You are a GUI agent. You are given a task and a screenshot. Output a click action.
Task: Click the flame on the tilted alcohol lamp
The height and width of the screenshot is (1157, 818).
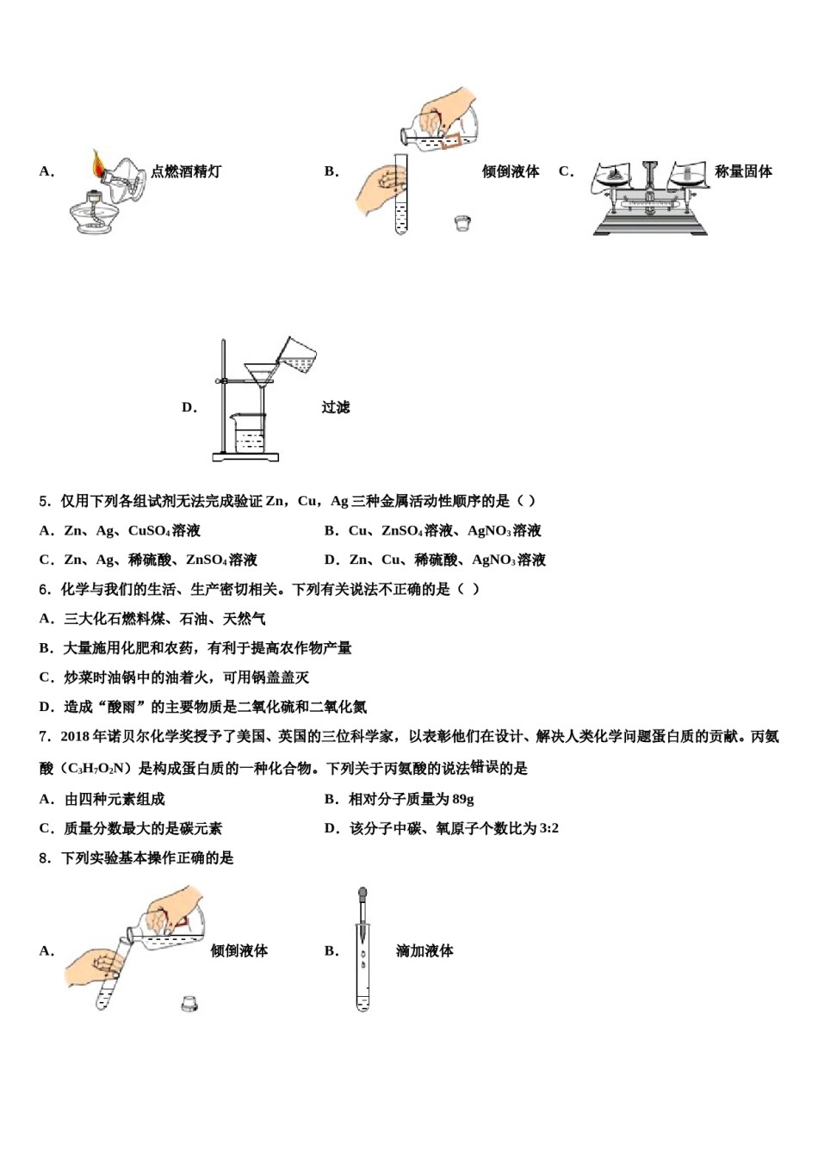tap(98, 163)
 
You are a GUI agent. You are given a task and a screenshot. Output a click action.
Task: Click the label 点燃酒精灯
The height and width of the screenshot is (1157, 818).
tap(186, 171)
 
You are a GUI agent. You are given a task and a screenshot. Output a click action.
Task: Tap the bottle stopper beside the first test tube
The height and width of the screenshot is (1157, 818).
tap(462, 224)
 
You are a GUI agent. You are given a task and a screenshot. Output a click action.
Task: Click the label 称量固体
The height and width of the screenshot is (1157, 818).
tap(743, 171)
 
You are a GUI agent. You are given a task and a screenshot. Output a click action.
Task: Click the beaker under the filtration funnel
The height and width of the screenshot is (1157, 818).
tap(249, 432)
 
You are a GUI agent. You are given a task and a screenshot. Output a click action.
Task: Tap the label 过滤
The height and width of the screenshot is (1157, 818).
tap(336, 407)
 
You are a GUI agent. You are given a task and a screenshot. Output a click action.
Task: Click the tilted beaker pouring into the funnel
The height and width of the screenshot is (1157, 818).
tap(297, 354)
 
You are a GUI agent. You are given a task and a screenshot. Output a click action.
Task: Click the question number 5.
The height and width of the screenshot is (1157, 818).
tap(45, 501)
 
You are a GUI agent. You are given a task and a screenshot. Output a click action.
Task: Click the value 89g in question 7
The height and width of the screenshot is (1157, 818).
tap(462, 800)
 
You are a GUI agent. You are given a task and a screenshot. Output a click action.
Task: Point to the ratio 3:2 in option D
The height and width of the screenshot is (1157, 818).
tap(548, 829)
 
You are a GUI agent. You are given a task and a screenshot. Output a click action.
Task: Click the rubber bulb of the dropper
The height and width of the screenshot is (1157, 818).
tap(363, 895)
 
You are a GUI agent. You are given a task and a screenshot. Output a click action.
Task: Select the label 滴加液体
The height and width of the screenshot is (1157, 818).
tap(424, 951)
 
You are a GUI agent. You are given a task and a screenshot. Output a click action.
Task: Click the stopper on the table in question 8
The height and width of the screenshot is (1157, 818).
tap(190, 1003)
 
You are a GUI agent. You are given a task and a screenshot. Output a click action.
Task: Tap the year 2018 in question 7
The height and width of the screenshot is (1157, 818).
tap(75, 737)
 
